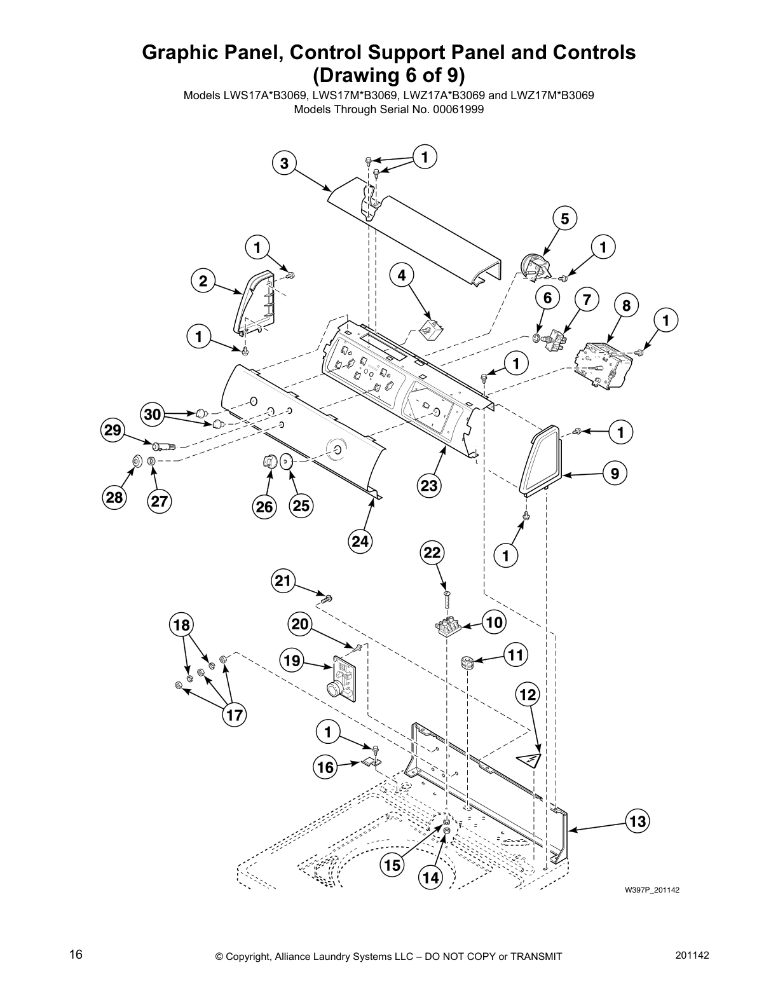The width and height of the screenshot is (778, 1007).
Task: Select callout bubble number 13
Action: tap(638, 821)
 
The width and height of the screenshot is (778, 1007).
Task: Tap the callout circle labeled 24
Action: tap(360, 541)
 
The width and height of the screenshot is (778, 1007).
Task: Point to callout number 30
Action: tap(153, 415)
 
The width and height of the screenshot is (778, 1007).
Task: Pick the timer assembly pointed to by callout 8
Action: tap(601, 367)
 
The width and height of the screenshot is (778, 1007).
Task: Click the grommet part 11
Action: tap(468, 663)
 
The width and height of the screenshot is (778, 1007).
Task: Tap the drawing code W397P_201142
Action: tap(652, 889)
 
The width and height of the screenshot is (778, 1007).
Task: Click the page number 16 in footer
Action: tap(76, 954)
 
